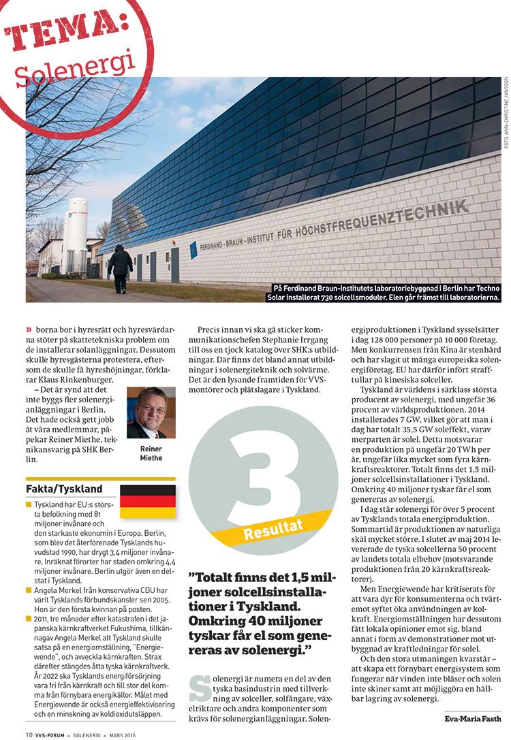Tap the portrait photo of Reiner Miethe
coord(151,413)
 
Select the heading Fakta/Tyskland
coord(64,489)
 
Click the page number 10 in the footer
coord(29,734)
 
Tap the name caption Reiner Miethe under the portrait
coord(151,453)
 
